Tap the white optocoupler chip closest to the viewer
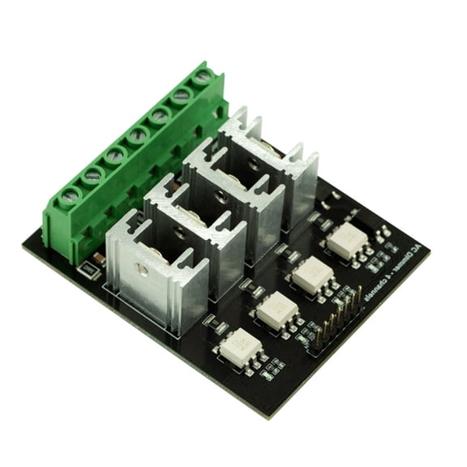pyautogui.click(x=240, y=348)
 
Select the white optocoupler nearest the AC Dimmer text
pyautogui.click(x=346, y=242)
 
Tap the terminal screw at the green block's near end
pyautogui.click(x=70, y=195)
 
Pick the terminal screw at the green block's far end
pyautogui.click(x=203, y=77)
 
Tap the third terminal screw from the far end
pyautogui.click(x=160, y=114)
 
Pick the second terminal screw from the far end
pyautogui.click(x=182, y=95)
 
